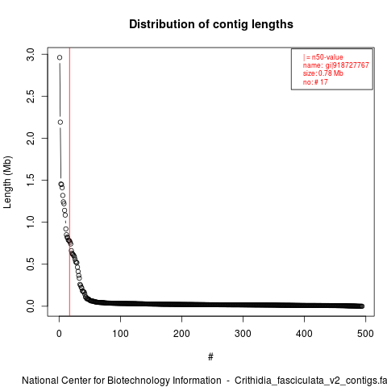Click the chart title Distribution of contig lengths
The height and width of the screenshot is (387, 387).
211,24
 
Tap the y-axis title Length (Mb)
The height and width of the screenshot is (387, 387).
7,182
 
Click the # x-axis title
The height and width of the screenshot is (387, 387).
210,357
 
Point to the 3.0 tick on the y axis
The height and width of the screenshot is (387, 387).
31,55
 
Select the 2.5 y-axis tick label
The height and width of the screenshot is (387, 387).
31,96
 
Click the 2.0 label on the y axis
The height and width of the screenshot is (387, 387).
31,138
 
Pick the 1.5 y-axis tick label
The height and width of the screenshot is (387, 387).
31,180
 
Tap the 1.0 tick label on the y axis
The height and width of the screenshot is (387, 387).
31,222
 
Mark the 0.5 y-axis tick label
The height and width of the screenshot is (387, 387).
31,264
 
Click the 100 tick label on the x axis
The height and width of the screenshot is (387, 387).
120,334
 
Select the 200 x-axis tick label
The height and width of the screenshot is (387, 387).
181,334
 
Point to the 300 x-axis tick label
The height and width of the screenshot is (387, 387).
243,334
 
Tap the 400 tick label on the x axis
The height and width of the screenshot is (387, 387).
304,334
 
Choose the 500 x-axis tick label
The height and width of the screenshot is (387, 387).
365,334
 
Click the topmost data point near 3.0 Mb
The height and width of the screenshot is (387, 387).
60,57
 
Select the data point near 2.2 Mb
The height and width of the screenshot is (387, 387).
60,123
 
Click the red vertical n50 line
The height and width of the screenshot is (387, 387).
69,181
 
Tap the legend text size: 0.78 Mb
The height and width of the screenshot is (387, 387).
323,73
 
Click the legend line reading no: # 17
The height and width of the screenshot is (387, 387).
315,82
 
